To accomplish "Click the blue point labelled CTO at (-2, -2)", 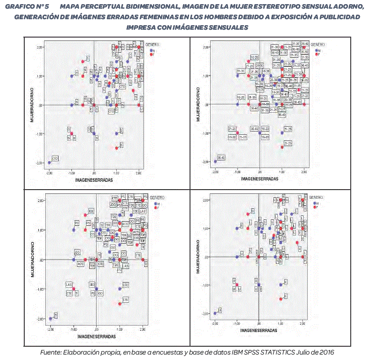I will pos(49,163).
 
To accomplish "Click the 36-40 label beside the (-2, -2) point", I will pos(221,157).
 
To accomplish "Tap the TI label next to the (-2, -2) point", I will pos(56,316).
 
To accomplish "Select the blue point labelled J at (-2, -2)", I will pos(215,314).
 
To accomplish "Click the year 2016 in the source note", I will pos(326,352).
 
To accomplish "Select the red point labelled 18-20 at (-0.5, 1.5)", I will pos(249,61).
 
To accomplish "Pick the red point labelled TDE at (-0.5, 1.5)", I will pos(85,215).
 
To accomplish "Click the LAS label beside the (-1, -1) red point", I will pos(69,284).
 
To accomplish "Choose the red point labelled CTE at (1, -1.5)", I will pos(120,304).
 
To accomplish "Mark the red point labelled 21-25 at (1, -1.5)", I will pos(282,147).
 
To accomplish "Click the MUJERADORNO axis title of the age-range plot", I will pos(198,104).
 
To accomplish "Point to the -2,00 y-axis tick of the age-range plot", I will pos(206,162).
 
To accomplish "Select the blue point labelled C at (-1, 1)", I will pos(72,76).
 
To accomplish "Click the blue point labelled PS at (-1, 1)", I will pos(74,229).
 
